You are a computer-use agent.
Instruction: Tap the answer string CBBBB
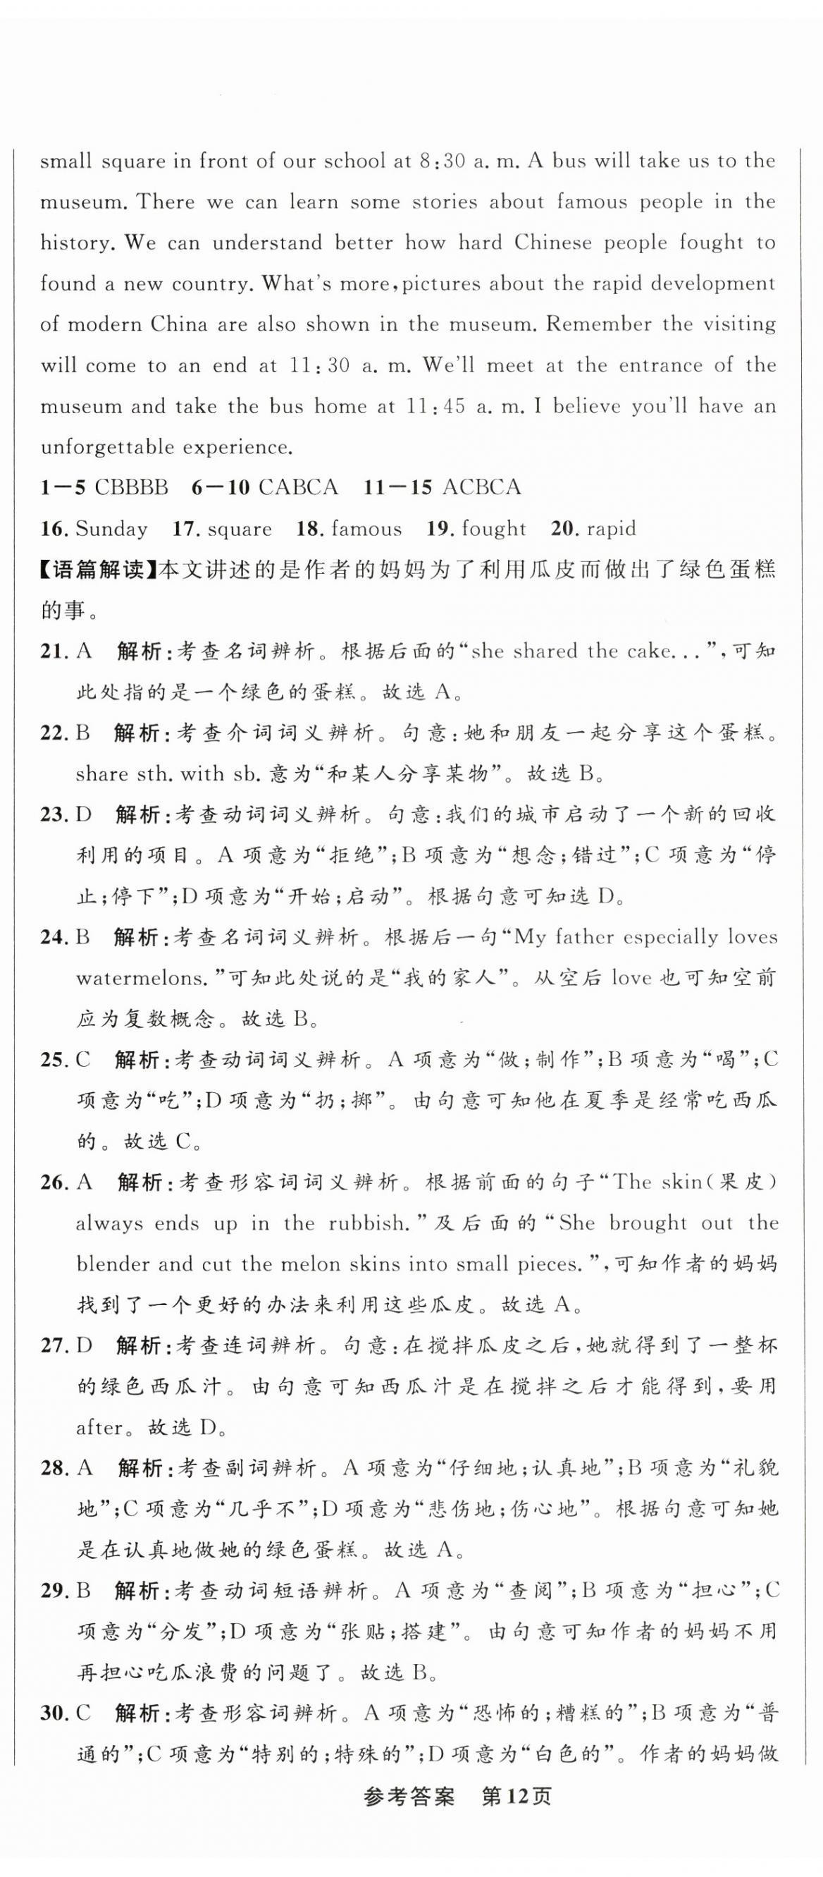(x=131, y=487)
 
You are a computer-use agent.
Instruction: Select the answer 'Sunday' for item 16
(x=111, y=528)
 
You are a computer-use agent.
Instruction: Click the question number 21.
(x=53, y=651)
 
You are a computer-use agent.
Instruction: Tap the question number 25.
(x=53, y=1059)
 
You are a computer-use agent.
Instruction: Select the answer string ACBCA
(x=481, y=487)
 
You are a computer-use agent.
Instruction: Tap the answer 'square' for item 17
(x=239, y=528)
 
